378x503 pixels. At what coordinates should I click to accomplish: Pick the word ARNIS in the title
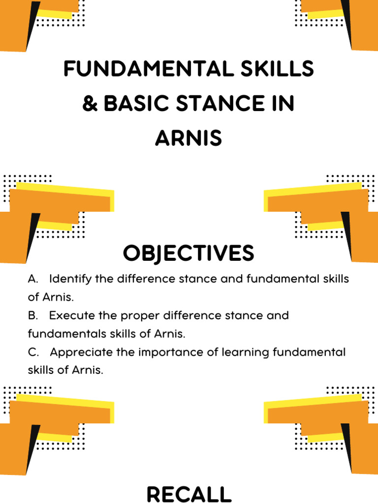point(189,139)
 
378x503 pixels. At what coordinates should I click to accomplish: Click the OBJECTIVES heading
point(189,253)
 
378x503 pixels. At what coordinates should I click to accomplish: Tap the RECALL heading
point(189,494)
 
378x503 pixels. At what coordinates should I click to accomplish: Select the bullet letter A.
point(33,279)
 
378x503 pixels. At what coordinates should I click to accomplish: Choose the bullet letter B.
point(33,315)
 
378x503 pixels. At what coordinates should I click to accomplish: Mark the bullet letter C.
point(33,352)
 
